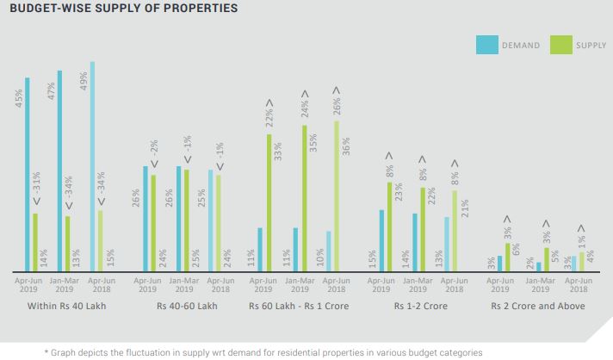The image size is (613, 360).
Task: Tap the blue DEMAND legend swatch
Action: [486, 44]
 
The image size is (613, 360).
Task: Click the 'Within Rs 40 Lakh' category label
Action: [67, 306]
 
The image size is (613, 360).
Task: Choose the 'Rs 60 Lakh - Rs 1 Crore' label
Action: [300, 306]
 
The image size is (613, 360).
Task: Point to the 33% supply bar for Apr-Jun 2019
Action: [269, 202]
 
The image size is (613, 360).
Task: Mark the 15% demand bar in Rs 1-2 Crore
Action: [381, 240]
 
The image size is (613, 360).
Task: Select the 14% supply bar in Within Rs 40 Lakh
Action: [35, 242]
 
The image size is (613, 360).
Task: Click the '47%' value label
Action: [52, 91]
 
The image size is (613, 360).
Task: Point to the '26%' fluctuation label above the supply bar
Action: [336, 106]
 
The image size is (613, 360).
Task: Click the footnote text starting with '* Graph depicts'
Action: [258, 352]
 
